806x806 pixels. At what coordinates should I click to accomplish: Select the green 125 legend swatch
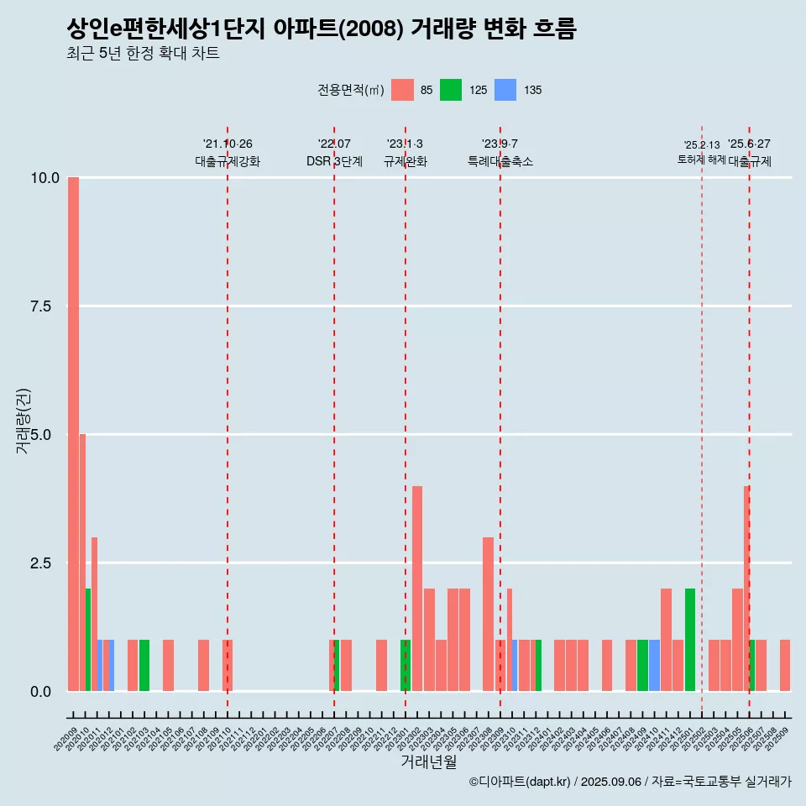click(x=451, y=90)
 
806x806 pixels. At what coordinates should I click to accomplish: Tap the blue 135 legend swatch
click(x=505, y=90)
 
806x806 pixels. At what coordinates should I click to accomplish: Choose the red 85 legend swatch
click(x=403, y=90)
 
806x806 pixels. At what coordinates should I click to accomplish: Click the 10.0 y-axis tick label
click(x=44, y=178)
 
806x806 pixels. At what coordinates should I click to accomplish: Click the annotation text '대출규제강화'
click(x=228, y=161)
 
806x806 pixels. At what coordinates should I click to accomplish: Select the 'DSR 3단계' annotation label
click(x=334, y=161)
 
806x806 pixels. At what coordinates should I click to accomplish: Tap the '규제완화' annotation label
click(x=406, y=161)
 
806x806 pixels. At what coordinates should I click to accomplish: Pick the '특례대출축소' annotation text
click(x=500, y=161)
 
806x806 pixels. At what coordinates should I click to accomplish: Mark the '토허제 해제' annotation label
click(x=702, y=160)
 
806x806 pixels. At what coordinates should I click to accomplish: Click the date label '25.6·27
click(x=749, y=144)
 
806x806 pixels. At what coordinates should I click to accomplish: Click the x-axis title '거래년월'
click(x=428, y=762)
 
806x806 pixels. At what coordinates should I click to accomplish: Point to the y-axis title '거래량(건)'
click(x=24, y=420)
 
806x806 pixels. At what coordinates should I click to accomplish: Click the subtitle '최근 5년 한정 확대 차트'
click(x=143, y=54)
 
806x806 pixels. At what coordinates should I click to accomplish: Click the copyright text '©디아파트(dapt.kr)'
click(x=519, y=782)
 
